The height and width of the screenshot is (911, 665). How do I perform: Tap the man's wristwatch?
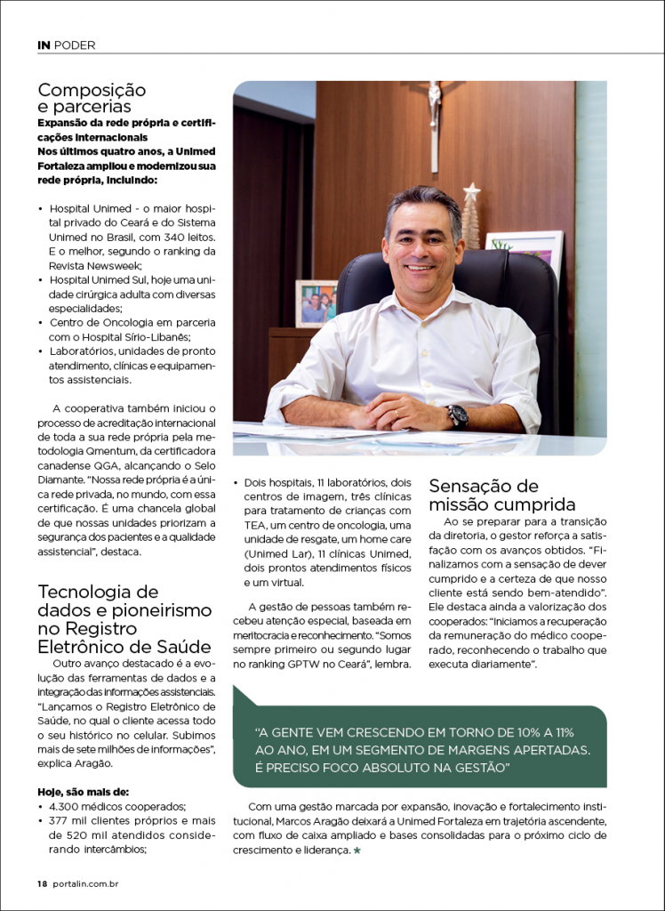tap(457, 416)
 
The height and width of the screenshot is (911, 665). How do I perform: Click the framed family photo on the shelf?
tap(316, 303)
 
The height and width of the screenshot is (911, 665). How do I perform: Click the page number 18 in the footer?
tap(42, 883)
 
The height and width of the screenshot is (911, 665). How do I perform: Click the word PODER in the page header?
tap(75, 44)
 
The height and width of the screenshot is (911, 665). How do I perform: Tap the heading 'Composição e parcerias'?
tap(92, 98)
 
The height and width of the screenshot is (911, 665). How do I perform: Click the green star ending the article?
tap(357, 851)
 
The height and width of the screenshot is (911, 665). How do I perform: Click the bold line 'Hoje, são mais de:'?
tap(83, 792)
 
